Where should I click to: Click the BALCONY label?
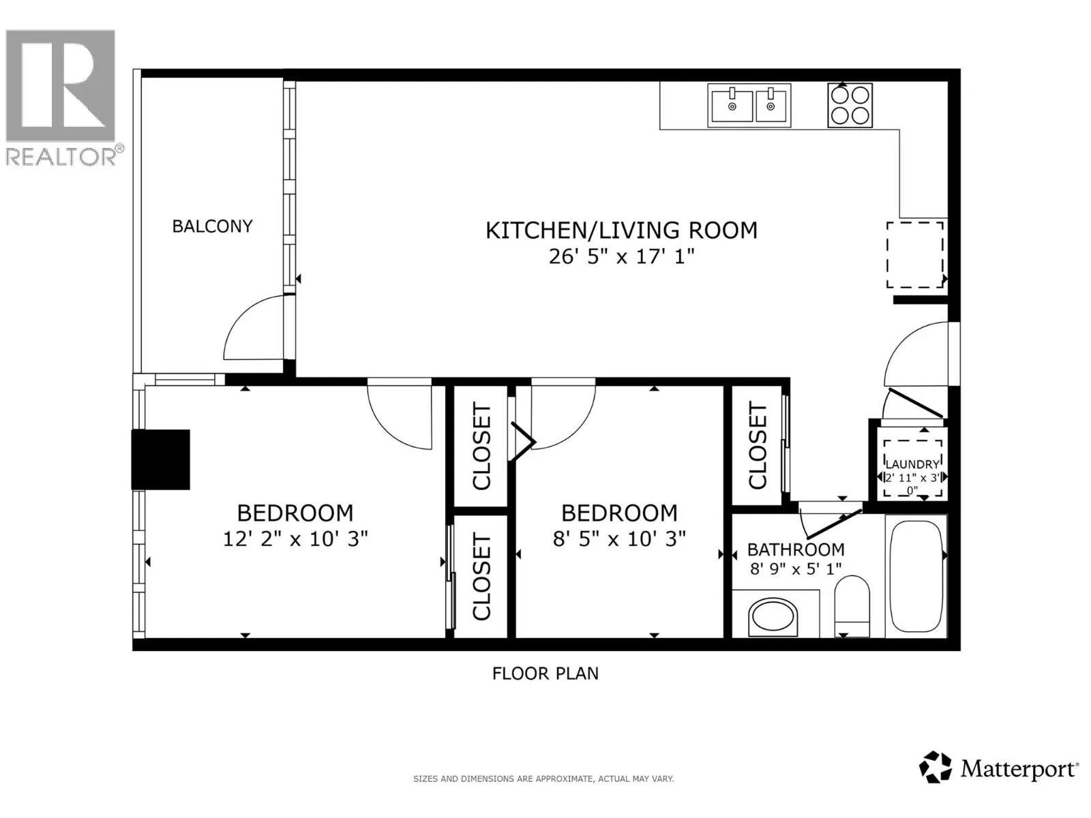(x=212, y=226)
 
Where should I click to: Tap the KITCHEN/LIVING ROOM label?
(x=621, y=230)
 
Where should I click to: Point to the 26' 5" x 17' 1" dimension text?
(x=621, y=257)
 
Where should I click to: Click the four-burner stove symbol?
(x=850, y=105)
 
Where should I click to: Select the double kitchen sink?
(x=749, y=105)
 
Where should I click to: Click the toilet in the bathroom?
(x=852, y=606)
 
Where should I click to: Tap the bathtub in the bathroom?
(x=916, y=576)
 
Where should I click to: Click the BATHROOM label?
(x=796, y=550)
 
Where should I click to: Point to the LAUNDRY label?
(x=912, y=464)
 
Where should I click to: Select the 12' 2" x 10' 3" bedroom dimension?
(x=295, y=539)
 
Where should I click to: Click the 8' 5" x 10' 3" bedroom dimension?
(x=619, y=539)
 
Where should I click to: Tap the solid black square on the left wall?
(x=160, y=460)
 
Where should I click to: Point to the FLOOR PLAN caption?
(x=545, y=674)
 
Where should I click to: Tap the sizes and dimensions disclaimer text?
(x=543, y=779)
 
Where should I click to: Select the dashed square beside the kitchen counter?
(x=915, y=255)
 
